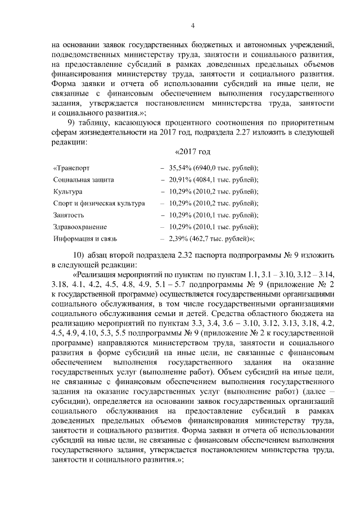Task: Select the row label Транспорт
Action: (71, 168)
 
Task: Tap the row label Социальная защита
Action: (83, 179)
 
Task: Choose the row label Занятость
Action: (69, 215)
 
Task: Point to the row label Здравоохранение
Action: (79, 226)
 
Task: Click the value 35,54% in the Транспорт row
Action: (181, 168)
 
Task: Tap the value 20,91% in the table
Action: (181, 179)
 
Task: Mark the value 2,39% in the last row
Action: (179, 238)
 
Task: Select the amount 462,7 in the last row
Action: (205, 238)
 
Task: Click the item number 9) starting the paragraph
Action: (71, 124)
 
